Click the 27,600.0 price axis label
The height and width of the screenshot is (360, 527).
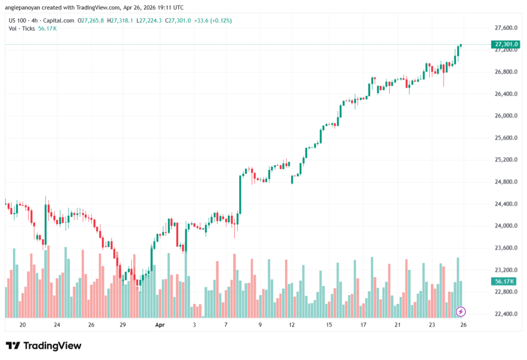click(x=505, y=28)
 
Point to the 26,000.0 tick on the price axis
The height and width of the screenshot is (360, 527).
click(x=505, y=116)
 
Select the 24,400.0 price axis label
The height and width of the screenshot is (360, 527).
click(x=505, y=204)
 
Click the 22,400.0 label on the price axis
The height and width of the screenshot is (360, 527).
click(x=505, y=314)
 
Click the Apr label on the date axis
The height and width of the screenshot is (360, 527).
click(x=160, y=325)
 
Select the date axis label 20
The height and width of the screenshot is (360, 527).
click(x=22, y=325)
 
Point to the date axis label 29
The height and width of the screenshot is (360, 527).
click(x=122, y=325)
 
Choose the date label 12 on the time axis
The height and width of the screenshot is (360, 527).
click(x=292, y=325)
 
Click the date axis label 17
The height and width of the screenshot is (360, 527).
click(x=363, y=325)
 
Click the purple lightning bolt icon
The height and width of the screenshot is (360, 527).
click(x=461, y=312)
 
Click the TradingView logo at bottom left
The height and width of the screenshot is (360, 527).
click(x=43, y=346)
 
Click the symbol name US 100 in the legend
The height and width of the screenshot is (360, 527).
click(x=18, y=21)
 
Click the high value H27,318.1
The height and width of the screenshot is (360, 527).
click(x=119, y=21)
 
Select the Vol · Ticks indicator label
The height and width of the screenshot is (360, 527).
click(x=22, y=29)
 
